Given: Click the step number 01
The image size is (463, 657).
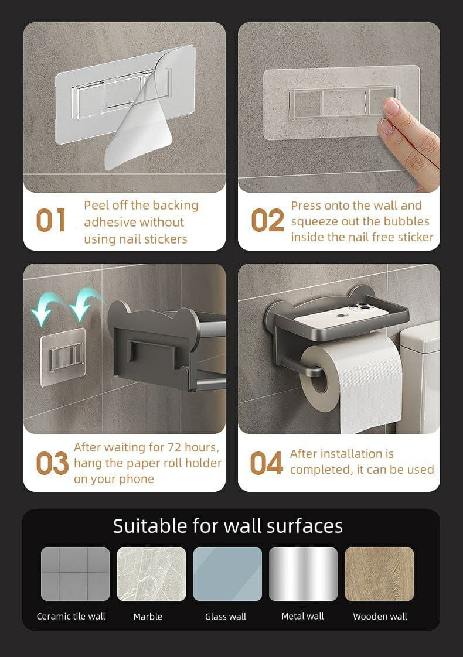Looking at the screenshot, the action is coord(51,220).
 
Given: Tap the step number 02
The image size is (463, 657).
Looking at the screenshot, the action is coord(268,220).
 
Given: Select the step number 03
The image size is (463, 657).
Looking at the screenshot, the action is coord(52,463).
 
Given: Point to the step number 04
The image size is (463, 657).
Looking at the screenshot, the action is coord(266,463).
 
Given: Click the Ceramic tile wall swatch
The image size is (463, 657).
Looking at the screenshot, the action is coord(76,574).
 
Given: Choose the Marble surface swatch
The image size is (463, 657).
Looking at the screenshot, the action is coord(151,574).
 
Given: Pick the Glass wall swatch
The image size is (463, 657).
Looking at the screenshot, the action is coord(227,574).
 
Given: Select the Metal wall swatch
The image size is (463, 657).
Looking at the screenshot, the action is coord(303,574).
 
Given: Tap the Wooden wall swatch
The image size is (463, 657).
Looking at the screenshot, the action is coord(379,574).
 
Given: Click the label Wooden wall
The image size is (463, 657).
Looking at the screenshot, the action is coord(380,617).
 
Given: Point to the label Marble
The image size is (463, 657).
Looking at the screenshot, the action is coord(148,617).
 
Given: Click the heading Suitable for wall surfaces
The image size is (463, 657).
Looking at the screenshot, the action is coord(228,526).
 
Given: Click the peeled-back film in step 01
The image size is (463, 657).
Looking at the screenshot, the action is coord(142,113).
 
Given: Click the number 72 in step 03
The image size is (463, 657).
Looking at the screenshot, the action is coord(175,447).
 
